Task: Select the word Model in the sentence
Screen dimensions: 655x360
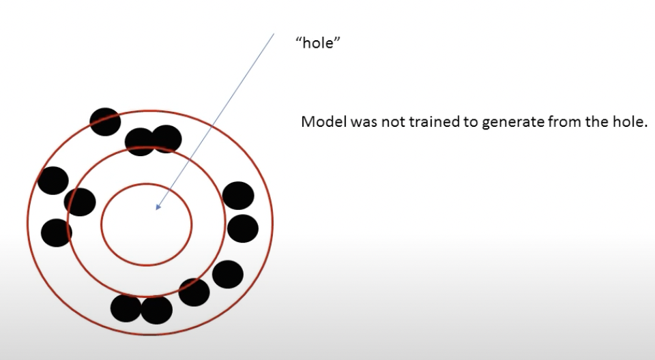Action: (321, 123)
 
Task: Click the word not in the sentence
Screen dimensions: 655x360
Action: (383, 123)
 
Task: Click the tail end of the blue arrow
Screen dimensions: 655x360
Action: (273, 33)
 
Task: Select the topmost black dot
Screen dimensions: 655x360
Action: (105, 121)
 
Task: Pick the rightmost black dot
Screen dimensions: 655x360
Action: (243, 228)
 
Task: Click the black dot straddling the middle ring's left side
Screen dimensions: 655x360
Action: (80, 202)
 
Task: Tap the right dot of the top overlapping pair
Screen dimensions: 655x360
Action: (167, 139)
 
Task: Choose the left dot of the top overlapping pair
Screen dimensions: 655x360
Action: (140, 142)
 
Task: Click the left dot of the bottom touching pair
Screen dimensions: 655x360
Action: (126, 308)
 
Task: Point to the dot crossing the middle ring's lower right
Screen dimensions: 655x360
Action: (194, 292)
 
